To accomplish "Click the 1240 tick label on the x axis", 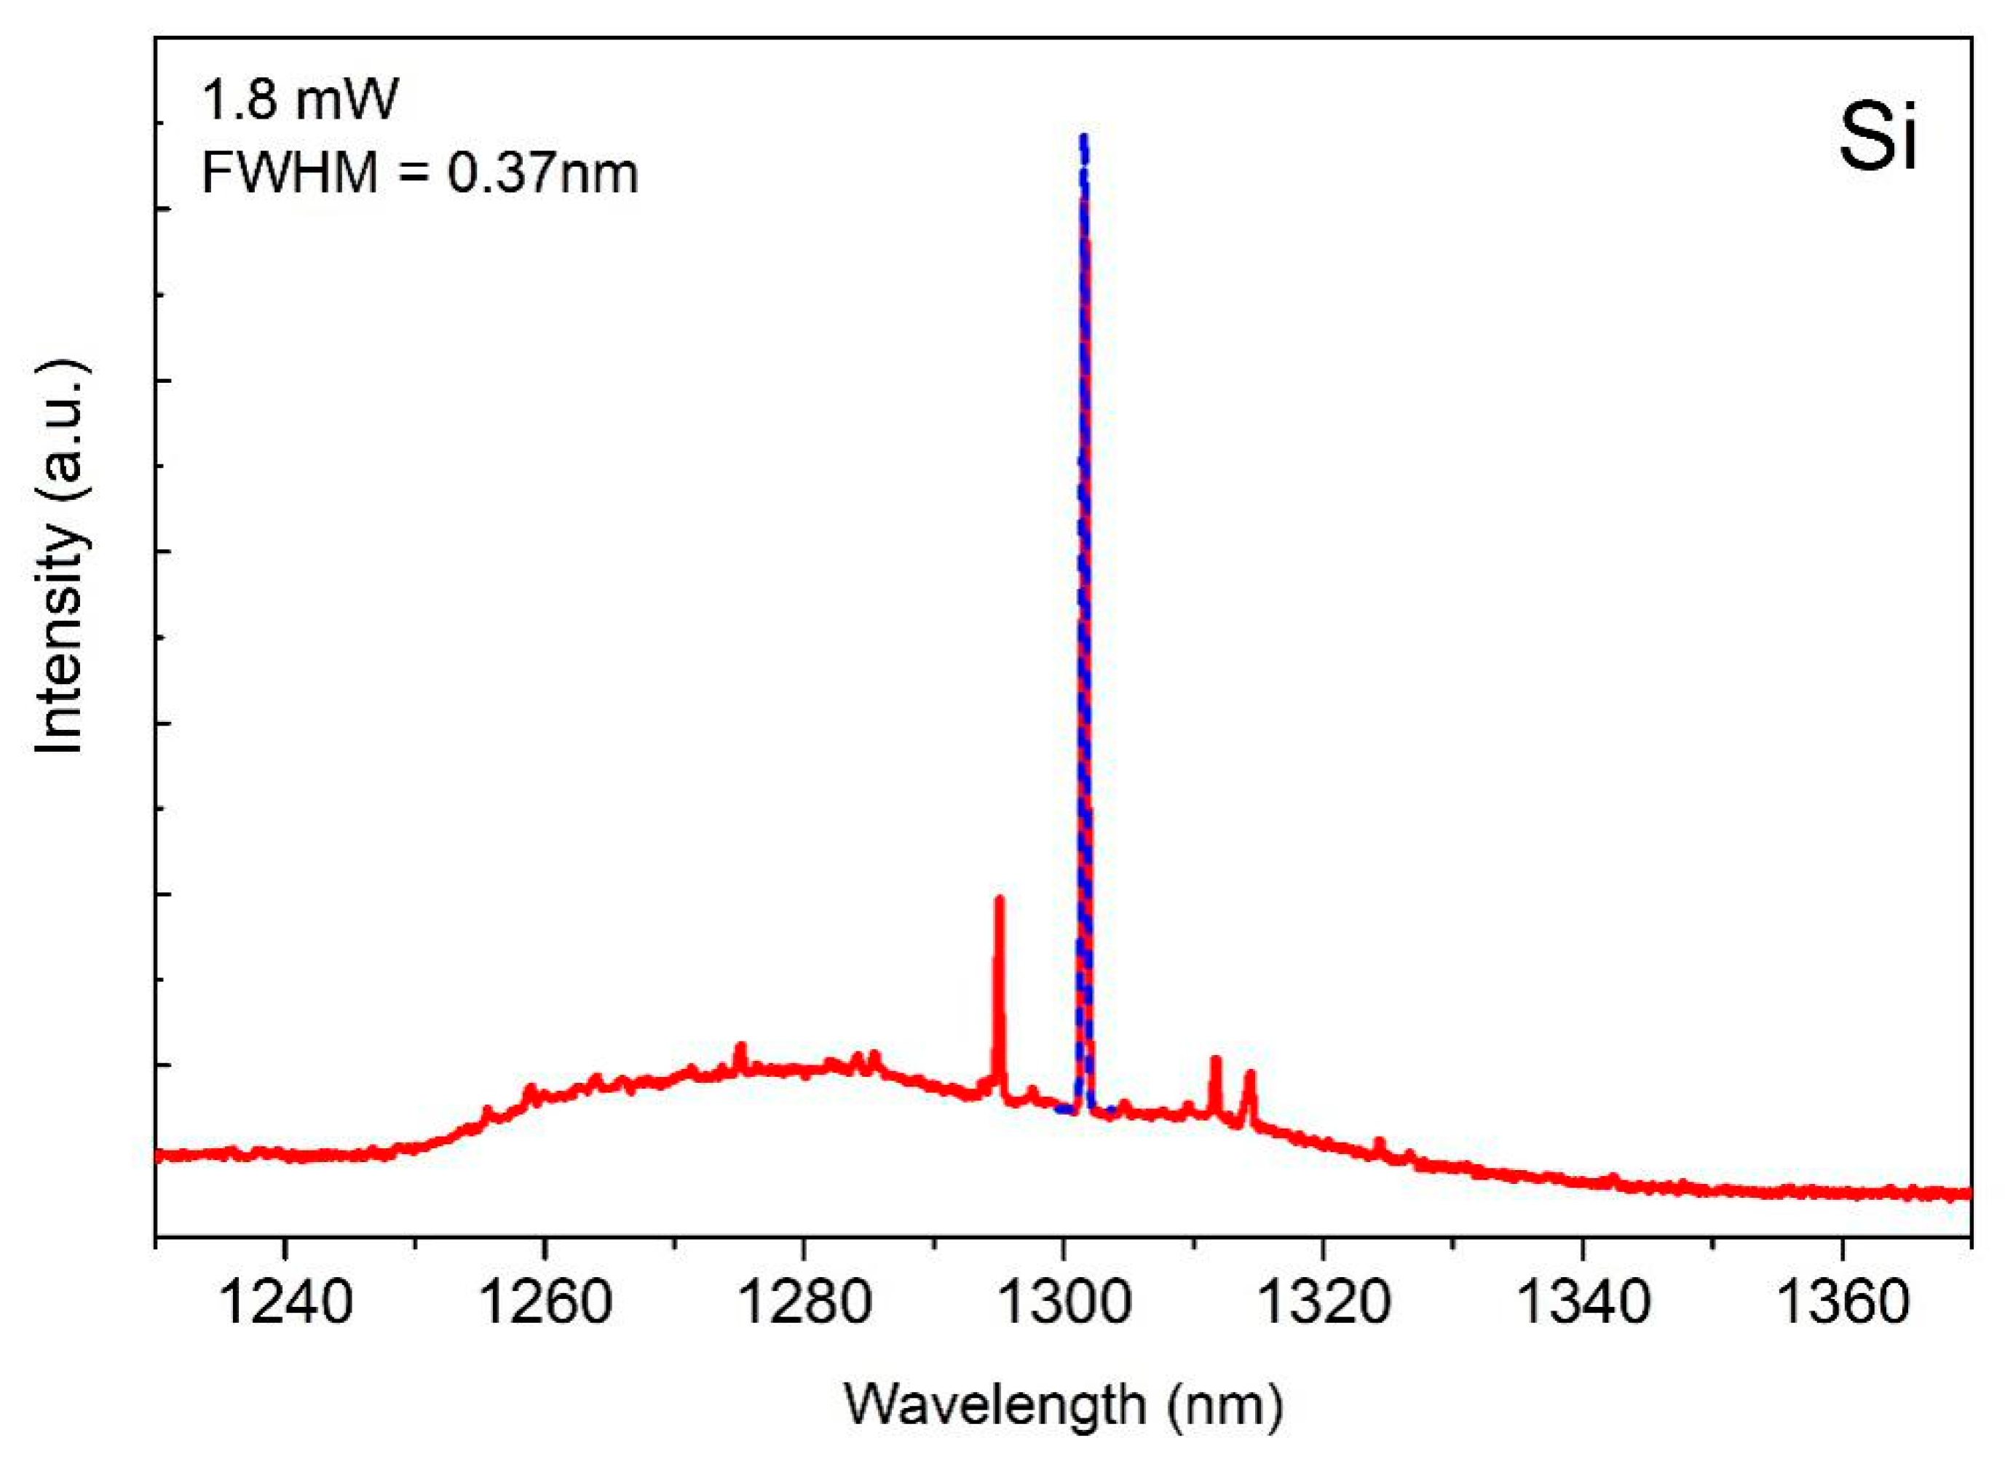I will (x=284, y=1302).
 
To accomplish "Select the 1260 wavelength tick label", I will (x=545, y=1302).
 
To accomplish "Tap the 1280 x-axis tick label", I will (x=803, y=1302).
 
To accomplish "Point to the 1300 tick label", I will (x=1064, y=1302).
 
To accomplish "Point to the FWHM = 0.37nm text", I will (x=419, y=172).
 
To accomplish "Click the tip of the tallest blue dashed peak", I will (x=1083, y=137).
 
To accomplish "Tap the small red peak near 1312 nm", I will (x=1215, y=1059).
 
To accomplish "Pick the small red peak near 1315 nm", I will (x=1249, y=1075).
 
